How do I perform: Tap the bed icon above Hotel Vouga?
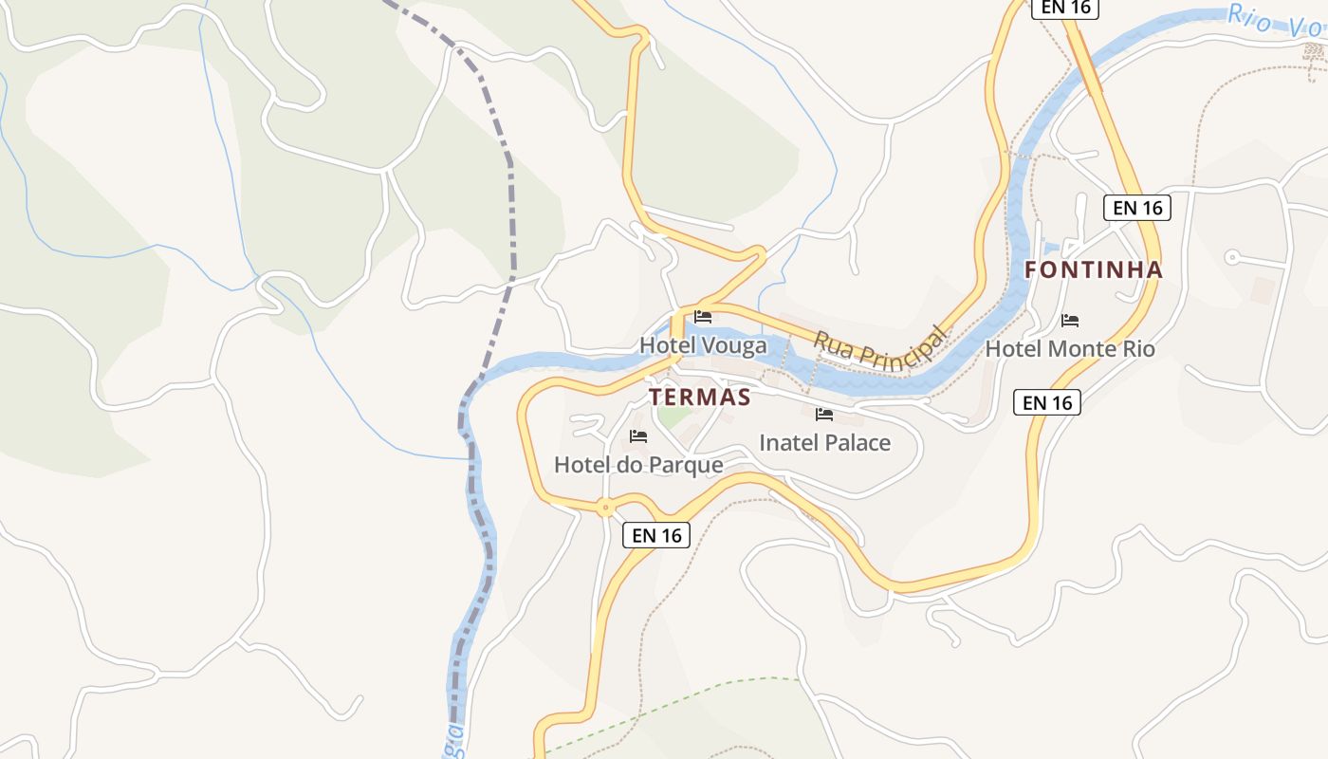(703, 317)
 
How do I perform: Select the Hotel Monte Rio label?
(1070, 349)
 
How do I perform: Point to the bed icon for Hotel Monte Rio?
(1070, 321)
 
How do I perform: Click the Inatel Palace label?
(824, 442)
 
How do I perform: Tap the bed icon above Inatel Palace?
(824, 415)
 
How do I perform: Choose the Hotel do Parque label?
(638, 465)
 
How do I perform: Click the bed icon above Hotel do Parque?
(638, 436)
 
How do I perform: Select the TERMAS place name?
(699, 398)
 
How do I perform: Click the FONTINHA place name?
(1094, 269)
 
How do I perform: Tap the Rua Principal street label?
(879, 349)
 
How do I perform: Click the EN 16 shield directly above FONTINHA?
(1136, 208)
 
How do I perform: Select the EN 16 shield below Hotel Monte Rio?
(1047, 402)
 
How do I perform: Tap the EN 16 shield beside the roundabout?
(656, 535)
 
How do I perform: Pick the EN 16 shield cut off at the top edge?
(1064, 8)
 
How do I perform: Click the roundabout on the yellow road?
(605, 508)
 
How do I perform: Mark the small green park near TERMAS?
(674, 417)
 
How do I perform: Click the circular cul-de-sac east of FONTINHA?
(1232, 257)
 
